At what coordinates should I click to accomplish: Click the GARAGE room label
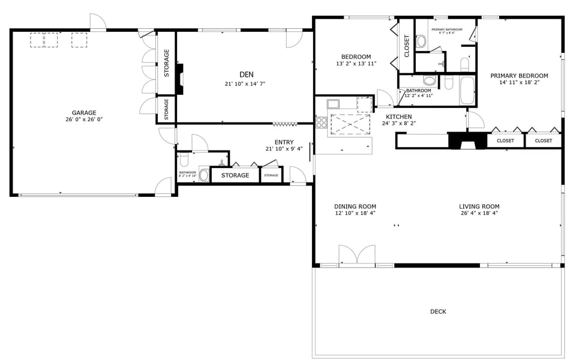pyautogui.click(x=84, y=112)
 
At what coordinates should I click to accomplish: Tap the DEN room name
pyautogui.click(x=246, y=74)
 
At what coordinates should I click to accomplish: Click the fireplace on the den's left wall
pyautogui.click(x=179, y=79)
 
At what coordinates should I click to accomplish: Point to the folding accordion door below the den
pyautogui.click(x=285, y=124)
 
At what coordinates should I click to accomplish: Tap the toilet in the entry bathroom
pyautogui.click(x=184, y=160)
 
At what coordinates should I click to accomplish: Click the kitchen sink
pyautogui.click(x=334, y=104)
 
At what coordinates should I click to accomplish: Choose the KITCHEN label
pyautogui.click(x=398, y=116)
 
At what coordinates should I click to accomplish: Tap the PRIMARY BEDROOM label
pyautogui.click(x=519, y=76)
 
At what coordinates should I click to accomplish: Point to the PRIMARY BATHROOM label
pyautogui.click(x=446, y=29)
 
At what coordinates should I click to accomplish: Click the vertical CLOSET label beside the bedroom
pyautogui.click(x=407, y=46)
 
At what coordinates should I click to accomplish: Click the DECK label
pyautogui.click(x=438, y=311)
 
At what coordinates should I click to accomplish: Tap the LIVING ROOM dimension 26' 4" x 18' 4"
pyautogui.click(x=479, y=213)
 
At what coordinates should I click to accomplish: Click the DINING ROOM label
pyautogui.click(x=355, y=206)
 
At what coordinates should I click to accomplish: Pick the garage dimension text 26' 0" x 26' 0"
pyautogui.click(x=84, y=119)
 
